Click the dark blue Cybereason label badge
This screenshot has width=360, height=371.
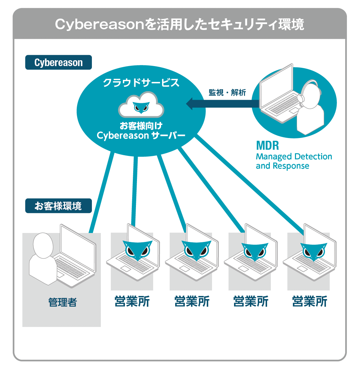coord(59,63)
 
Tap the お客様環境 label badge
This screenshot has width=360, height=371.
coord(59,206)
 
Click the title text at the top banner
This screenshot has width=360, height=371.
coord(179,24)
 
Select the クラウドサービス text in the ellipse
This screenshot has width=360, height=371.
coord(141,83)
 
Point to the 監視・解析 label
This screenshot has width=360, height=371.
coord(227,92)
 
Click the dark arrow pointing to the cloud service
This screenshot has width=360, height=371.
coord(222,104)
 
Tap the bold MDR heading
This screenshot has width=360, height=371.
coord(267,146)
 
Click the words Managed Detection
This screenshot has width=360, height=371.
coord(294,157)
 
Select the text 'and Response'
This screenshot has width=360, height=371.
coord(282,166)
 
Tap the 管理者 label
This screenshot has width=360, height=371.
coord(63,302)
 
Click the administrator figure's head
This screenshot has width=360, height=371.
coord(43,245)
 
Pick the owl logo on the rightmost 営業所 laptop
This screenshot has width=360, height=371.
coord(314,251)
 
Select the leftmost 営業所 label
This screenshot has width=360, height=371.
coord(132,301)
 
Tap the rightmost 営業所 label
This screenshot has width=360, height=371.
coord(310,301)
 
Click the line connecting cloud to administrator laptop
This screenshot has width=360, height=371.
coord(102,193)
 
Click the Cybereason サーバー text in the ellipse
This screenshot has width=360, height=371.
coord(141,136)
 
